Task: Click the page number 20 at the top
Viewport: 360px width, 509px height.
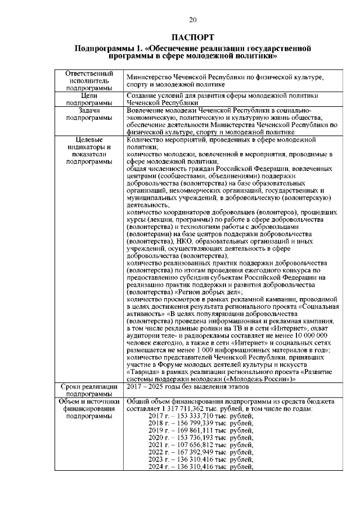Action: pyautogui.click(x=192, y=21)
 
